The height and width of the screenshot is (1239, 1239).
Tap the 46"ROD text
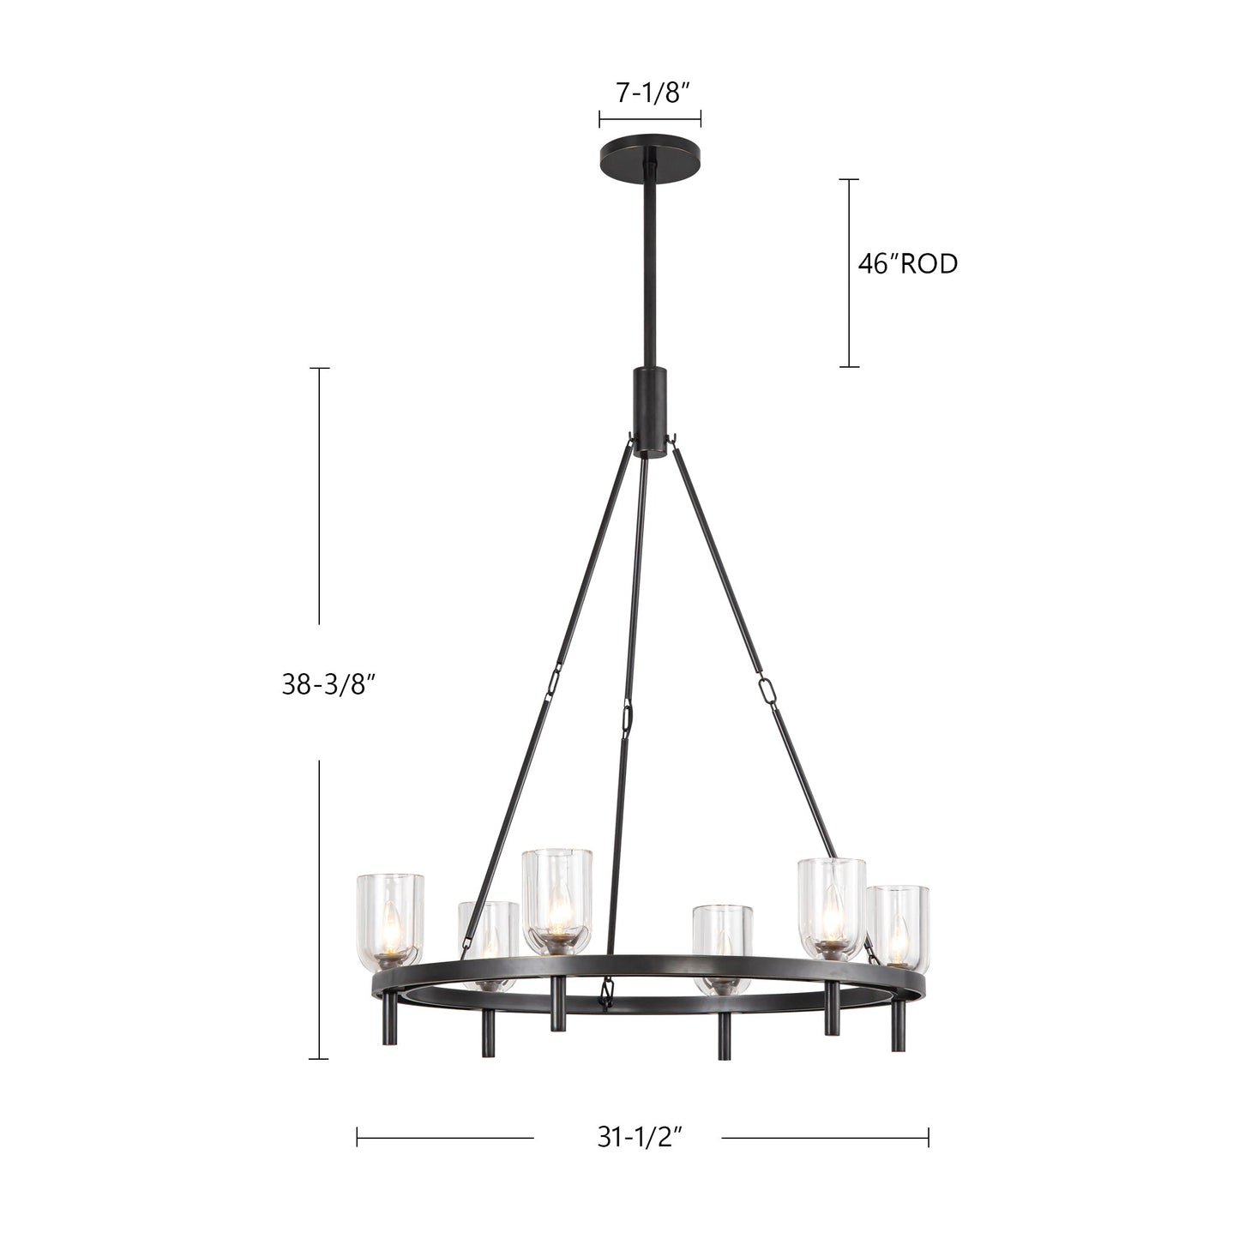[x=907, y=264]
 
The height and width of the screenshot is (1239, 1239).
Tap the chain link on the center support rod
[x=629, y=713]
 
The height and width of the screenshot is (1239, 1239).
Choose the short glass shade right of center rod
[x=723, y=943]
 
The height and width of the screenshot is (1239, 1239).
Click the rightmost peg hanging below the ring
[x=898, y=1025]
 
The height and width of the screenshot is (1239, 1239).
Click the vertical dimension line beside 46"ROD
[x=849, y=273]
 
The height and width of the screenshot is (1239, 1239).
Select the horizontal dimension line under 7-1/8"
[x=650, y=118]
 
